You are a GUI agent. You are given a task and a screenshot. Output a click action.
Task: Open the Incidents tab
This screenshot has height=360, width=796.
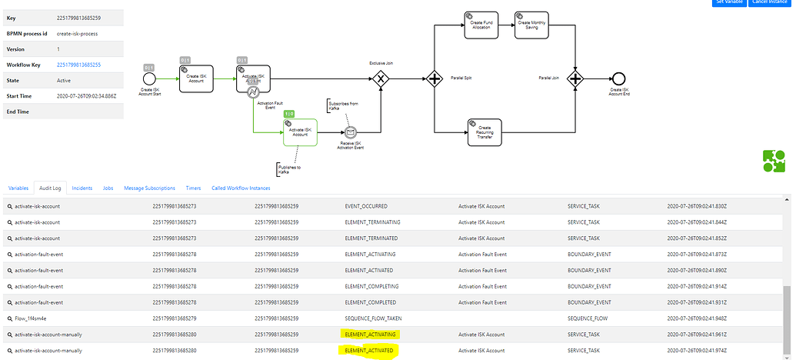82,188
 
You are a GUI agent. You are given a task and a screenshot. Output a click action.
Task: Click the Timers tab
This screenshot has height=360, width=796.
193,188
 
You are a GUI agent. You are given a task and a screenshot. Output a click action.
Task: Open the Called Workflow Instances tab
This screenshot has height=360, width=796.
240,188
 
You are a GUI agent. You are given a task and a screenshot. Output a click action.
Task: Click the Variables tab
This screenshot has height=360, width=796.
18,188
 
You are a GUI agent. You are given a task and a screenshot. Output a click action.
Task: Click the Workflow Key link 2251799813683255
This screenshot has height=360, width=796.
79,65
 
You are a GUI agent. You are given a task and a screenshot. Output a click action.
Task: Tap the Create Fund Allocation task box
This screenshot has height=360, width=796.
481,25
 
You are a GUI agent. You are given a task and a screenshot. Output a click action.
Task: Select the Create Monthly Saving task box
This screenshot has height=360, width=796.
531,25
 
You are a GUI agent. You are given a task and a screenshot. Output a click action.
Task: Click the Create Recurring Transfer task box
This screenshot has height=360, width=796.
485,132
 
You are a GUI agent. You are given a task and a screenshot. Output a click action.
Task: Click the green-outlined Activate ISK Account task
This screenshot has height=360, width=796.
300,132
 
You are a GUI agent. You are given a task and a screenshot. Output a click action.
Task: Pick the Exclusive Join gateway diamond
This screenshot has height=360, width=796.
380,78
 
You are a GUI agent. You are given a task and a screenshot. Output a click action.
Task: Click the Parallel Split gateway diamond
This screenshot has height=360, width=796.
435,78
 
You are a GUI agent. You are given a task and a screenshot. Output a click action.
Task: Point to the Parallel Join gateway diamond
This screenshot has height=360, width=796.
576,78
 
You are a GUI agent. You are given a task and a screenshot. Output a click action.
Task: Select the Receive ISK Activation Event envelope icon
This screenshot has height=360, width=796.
351,132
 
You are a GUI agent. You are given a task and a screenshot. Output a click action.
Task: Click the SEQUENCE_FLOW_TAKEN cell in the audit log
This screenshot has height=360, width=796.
373,318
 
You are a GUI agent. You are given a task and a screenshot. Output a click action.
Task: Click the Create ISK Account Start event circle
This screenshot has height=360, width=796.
150,78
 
